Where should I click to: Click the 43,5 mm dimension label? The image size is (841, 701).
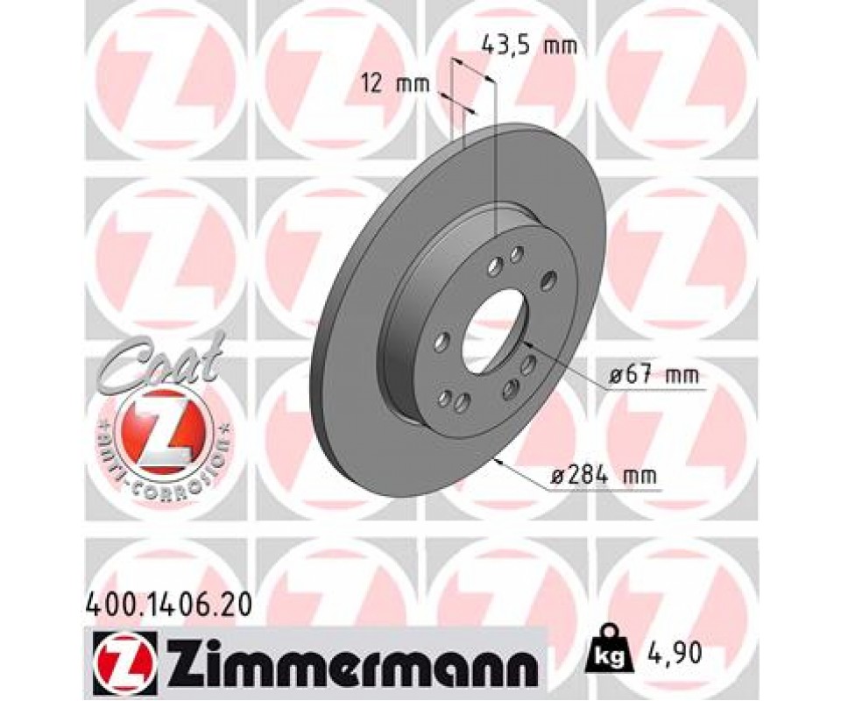[529, 46]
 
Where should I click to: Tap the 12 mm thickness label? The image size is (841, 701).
[395, 84]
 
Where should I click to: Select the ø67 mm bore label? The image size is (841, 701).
[655, 375]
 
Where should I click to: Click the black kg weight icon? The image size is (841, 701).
[610, 653]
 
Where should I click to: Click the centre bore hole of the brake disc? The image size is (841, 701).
[494, 331]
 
